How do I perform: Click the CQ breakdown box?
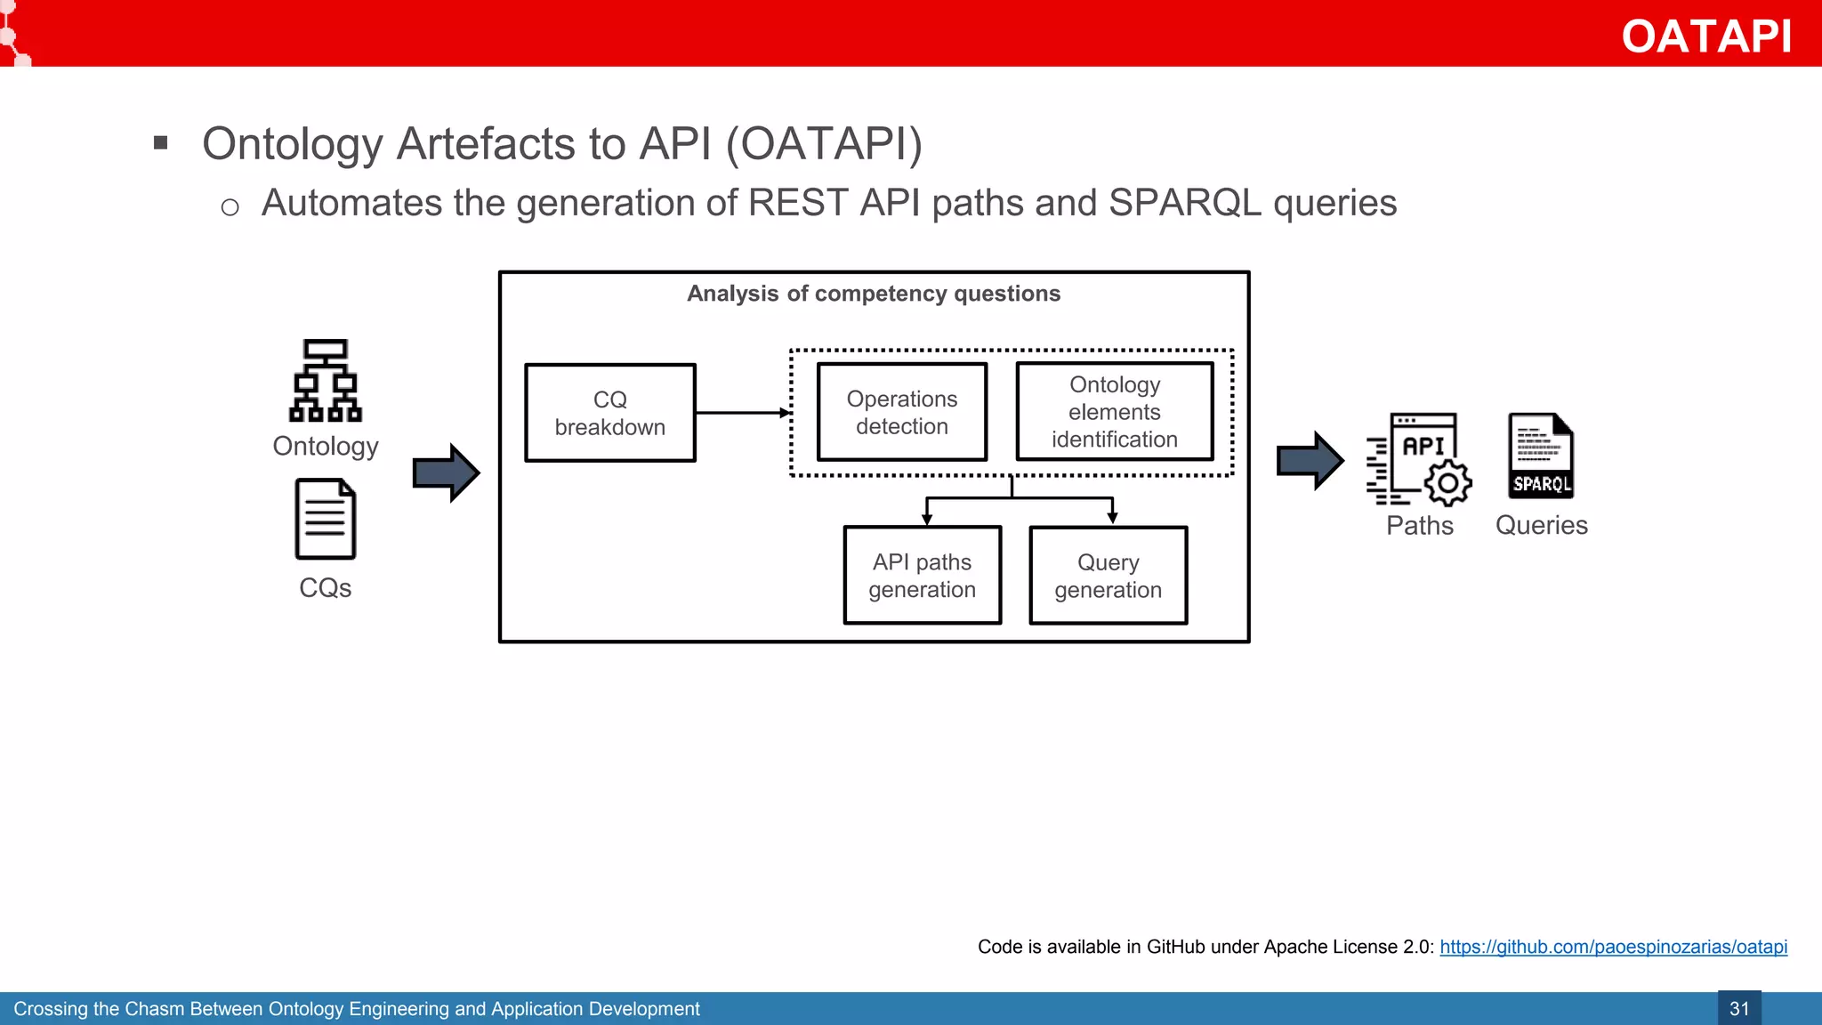610,413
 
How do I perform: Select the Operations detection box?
901,412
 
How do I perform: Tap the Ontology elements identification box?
1114,412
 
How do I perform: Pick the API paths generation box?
922,576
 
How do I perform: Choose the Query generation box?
1108,576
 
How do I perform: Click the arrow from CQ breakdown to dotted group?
743,413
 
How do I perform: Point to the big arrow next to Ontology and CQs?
446,472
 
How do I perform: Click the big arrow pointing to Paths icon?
1310,461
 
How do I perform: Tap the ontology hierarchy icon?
326,381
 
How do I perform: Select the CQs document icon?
326,520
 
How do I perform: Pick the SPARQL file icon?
1541,456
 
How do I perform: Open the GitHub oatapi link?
1613,947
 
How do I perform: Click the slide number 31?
1738,1008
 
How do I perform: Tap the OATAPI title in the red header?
1705,36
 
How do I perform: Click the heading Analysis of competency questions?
874,294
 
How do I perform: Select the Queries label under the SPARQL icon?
1541,525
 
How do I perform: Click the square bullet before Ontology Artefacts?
161,142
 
